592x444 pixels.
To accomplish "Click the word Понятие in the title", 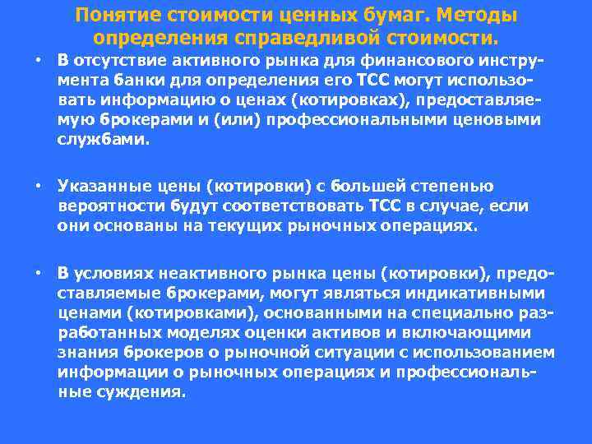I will point(113,16).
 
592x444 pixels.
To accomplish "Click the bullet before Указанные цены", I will point(38,185).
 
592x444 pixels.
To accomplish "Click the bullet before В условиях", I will point(38,271).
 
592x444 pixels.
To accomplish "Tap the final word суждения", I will point(150,392).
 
